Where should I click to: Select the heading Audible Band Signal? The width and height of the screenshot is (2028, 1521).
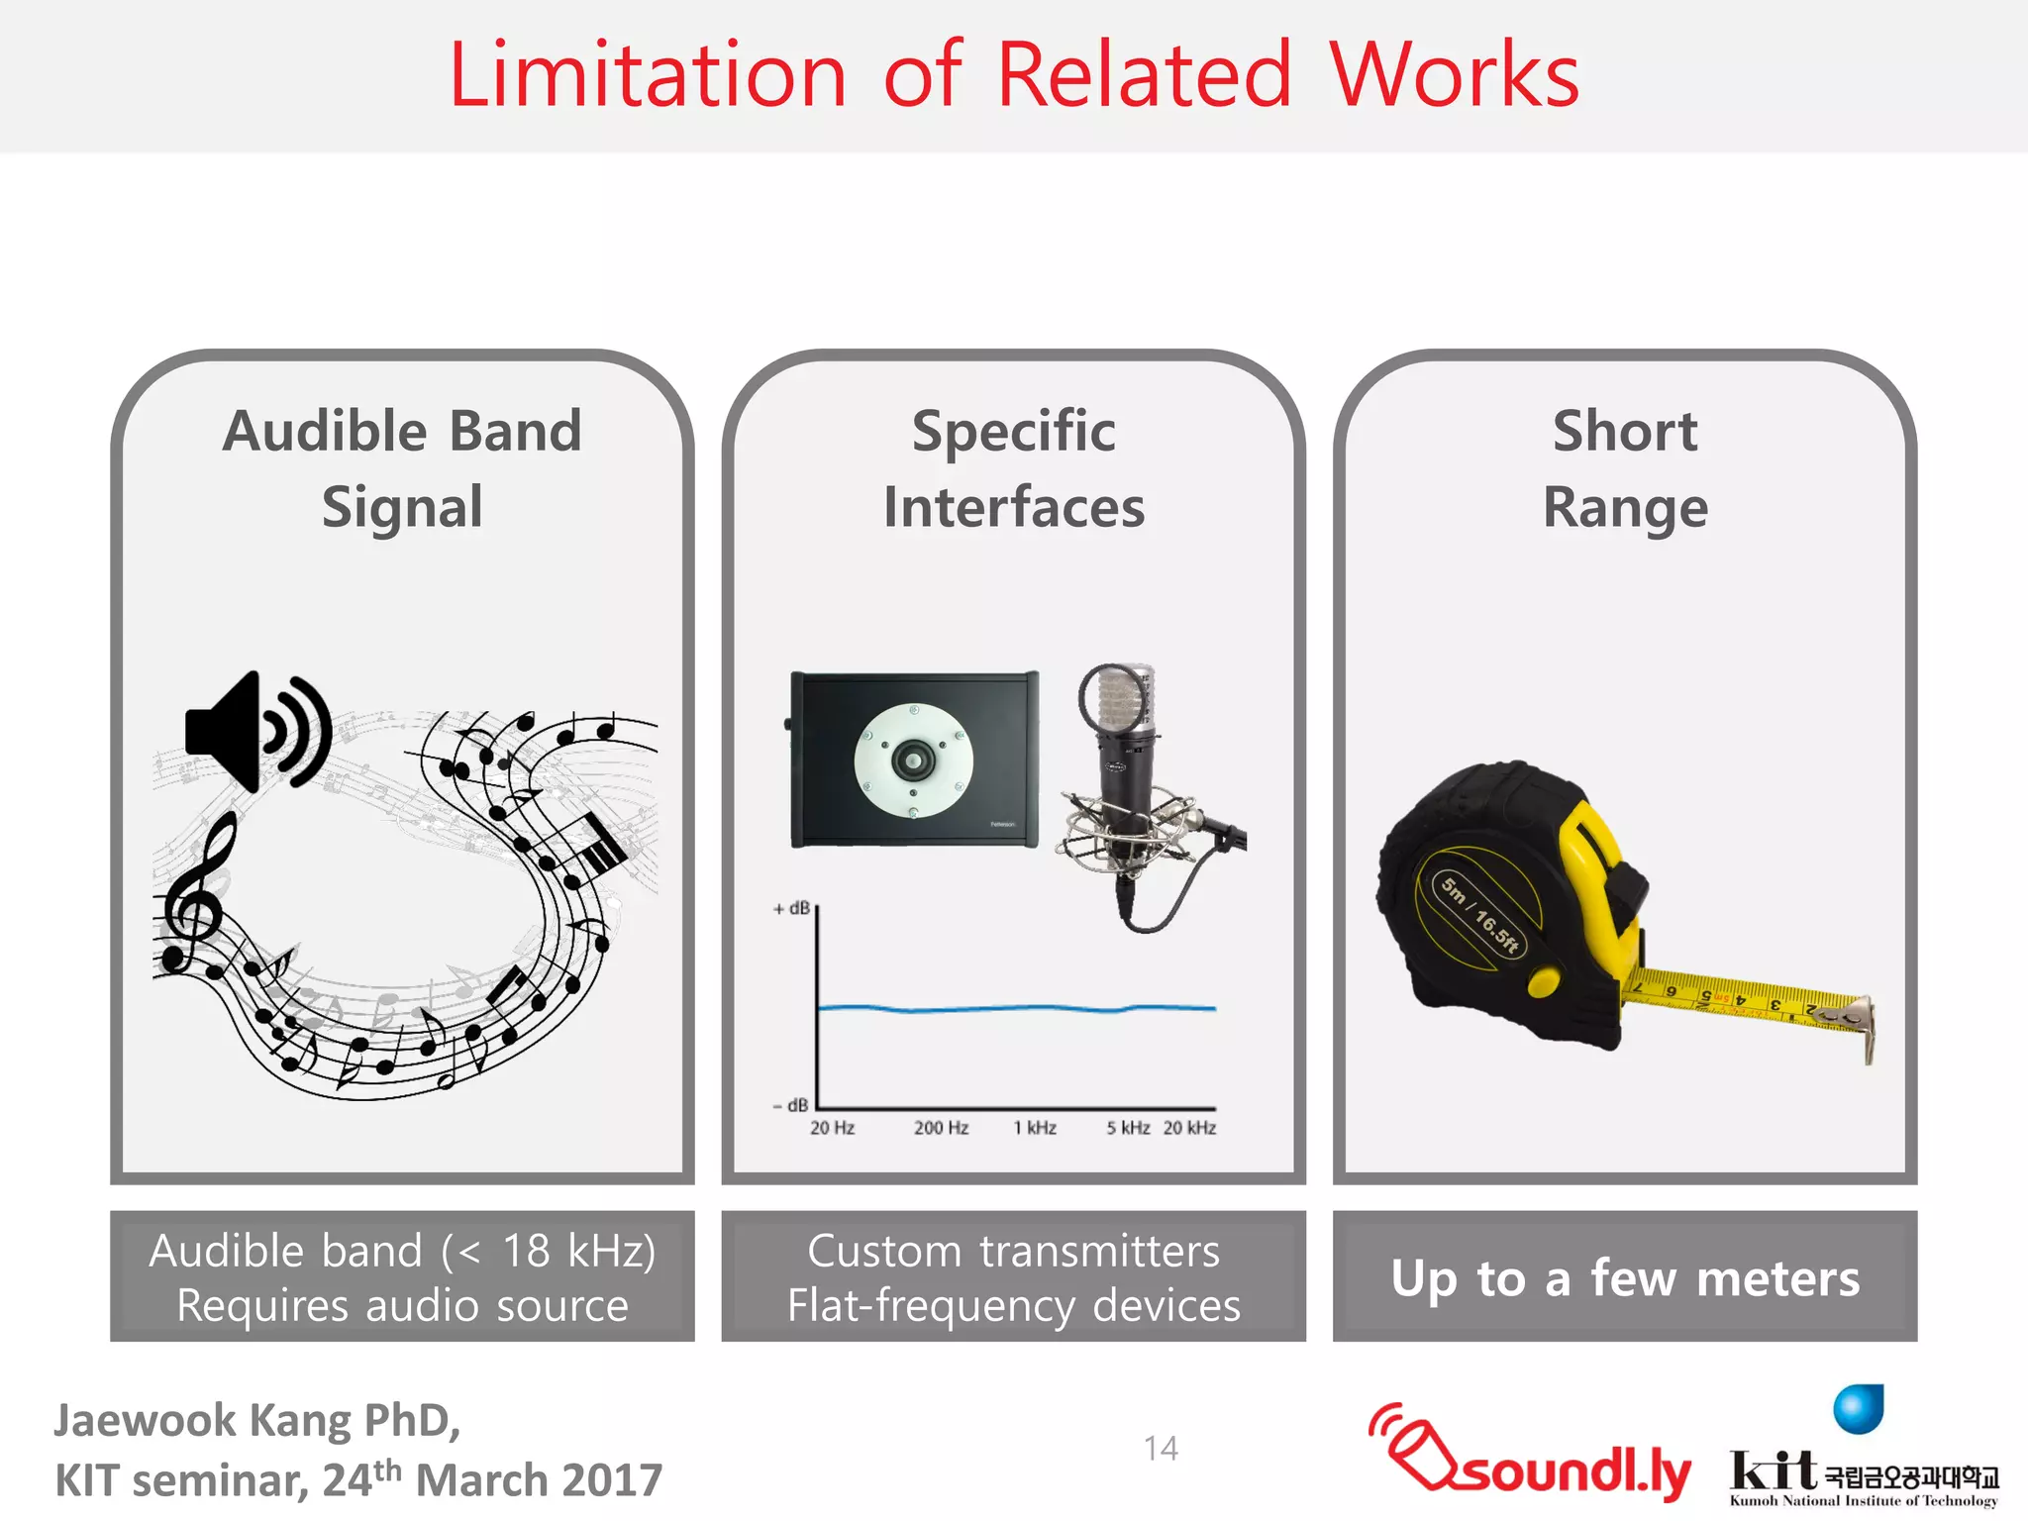point(402,468)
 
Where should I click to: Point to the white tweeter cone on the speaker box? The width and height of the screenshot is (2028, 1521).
point(913,761)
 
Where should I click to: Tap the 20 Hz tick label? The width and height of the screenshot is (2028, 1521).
point(832,1128)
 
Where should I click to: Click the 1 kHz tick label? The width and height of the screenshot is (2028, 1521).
point(1035,1128)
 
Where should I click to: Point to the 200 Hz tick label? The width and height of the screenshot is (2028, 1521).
point(941,1128)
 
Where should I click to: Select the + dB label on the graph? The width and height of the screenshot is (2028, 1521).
point(792,908)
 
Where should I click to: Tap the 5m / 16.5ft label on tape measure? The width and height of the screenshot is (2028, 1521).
point(1479,914)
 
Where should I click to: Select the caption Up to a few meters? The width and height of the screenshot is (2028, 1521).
point(1625,1277)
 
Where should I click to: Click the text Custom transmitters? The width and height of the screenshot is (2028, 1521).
point(1013,1251)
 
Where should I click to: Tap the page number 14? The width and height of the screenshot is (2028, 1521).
point(1161,1449)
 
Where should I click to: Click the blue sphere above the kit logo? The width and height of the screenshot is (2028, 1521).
point(1858,1409)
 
